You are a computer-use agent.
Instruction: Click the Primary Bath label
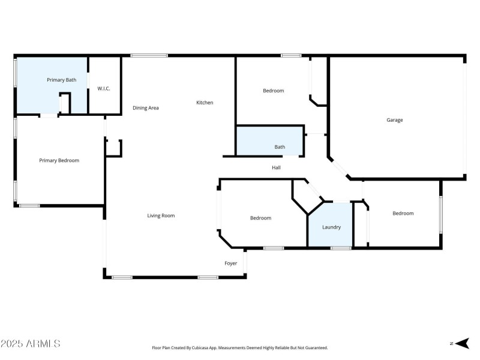coord(62,79)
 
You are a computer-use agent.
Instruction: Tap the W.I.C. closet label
coord(104,89)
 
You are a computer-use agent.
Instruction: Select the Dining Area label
coord(146,108)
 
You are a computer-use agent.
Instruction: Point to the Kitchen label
coord(205,103)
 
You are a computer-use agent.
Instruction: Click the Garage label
coord(395,120)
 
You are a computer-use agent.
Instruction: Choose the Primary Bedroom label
coord(59,160)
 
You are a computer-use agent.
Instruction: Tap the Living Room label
coord(161,215)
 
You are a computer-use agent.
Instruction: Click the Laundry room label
coord(331,227)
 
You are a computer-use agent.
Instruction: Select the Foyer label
coord(231,263)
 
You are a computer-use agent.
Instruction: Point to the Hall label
coord(276,167)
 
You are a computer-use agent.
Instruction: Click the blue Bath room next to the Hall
coord(270,141)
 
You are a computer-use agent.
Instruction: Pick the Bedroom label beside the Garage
coord(273,91)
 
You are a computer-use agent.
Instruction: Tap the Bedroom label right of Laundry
coord(403,213)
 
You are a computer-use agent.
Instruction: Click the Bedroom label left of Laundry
coord(260,218)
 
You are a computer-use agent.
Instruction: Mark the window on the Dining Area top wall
coord(149,56)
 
